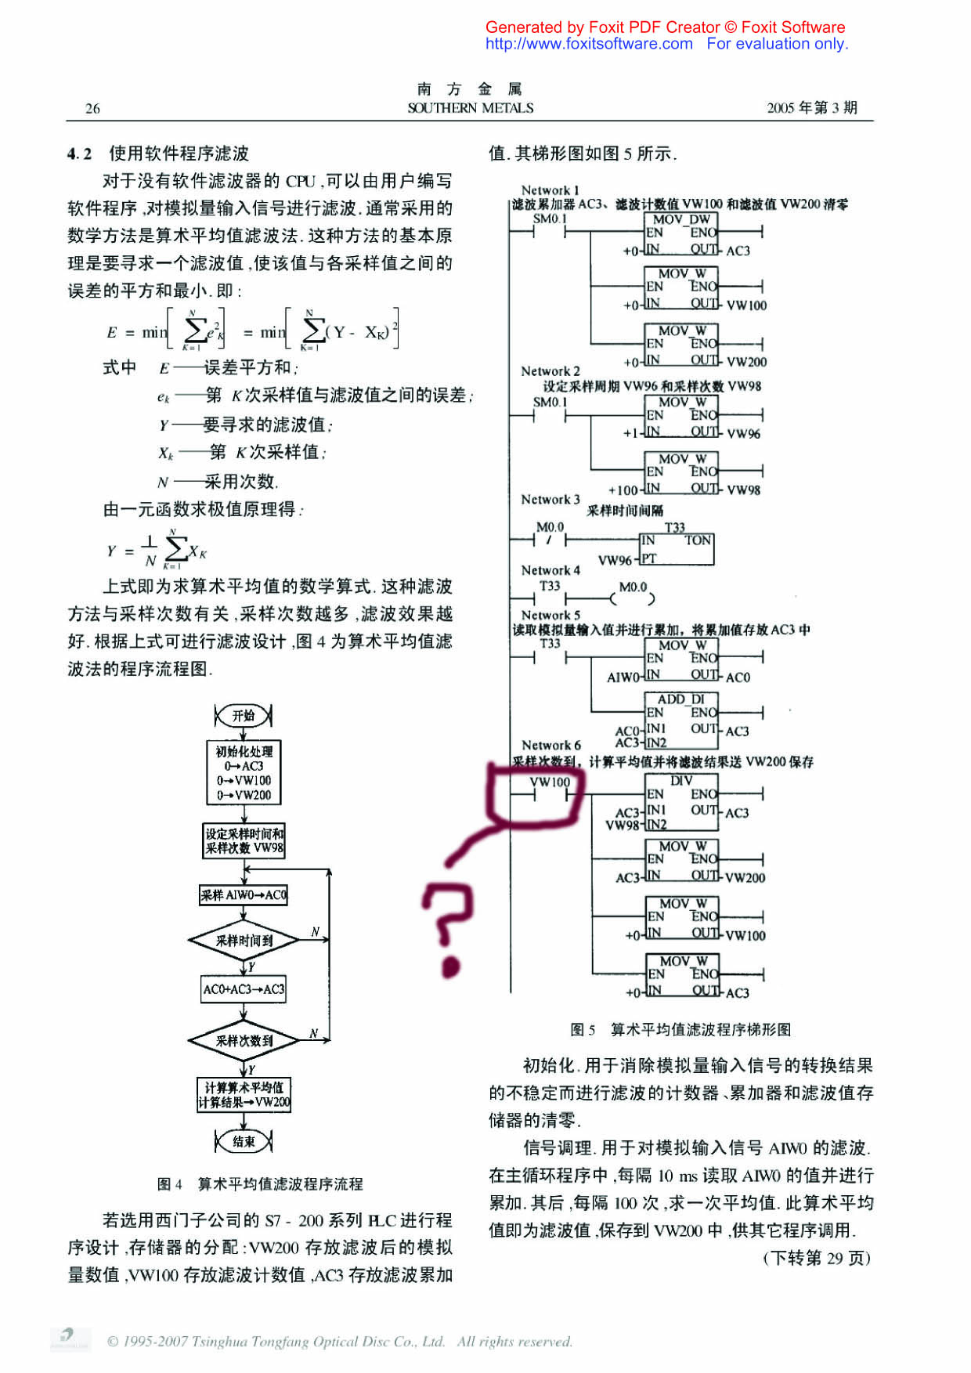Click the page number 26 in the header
(x=92, y=108)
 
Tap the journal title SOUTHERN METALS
(x=470, y=108)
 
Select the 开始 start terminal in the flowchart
(x=244, y=715)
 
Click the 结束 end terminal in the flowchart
(x=244, y=1141)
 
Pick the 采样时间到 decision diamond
(x=244, y=941)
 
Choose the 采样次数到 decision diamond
(x=244, y=1041)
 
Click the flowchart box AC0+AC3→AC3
(x=244, y=989)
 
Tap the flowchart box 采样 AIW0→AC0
(x=244, y=894)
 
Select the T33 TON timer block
(x=677, y=548)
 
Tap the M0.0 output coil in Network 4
(x=633, y=599)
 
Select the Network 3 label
(x=550, y=499)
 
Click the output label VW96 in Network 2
(x=743, y=433)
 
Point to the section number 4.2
(x=79, y=154)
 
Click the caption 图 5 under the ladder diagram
(x=583, y=1029)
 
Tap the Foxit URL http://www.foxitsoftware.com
(x=589, y=44)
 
